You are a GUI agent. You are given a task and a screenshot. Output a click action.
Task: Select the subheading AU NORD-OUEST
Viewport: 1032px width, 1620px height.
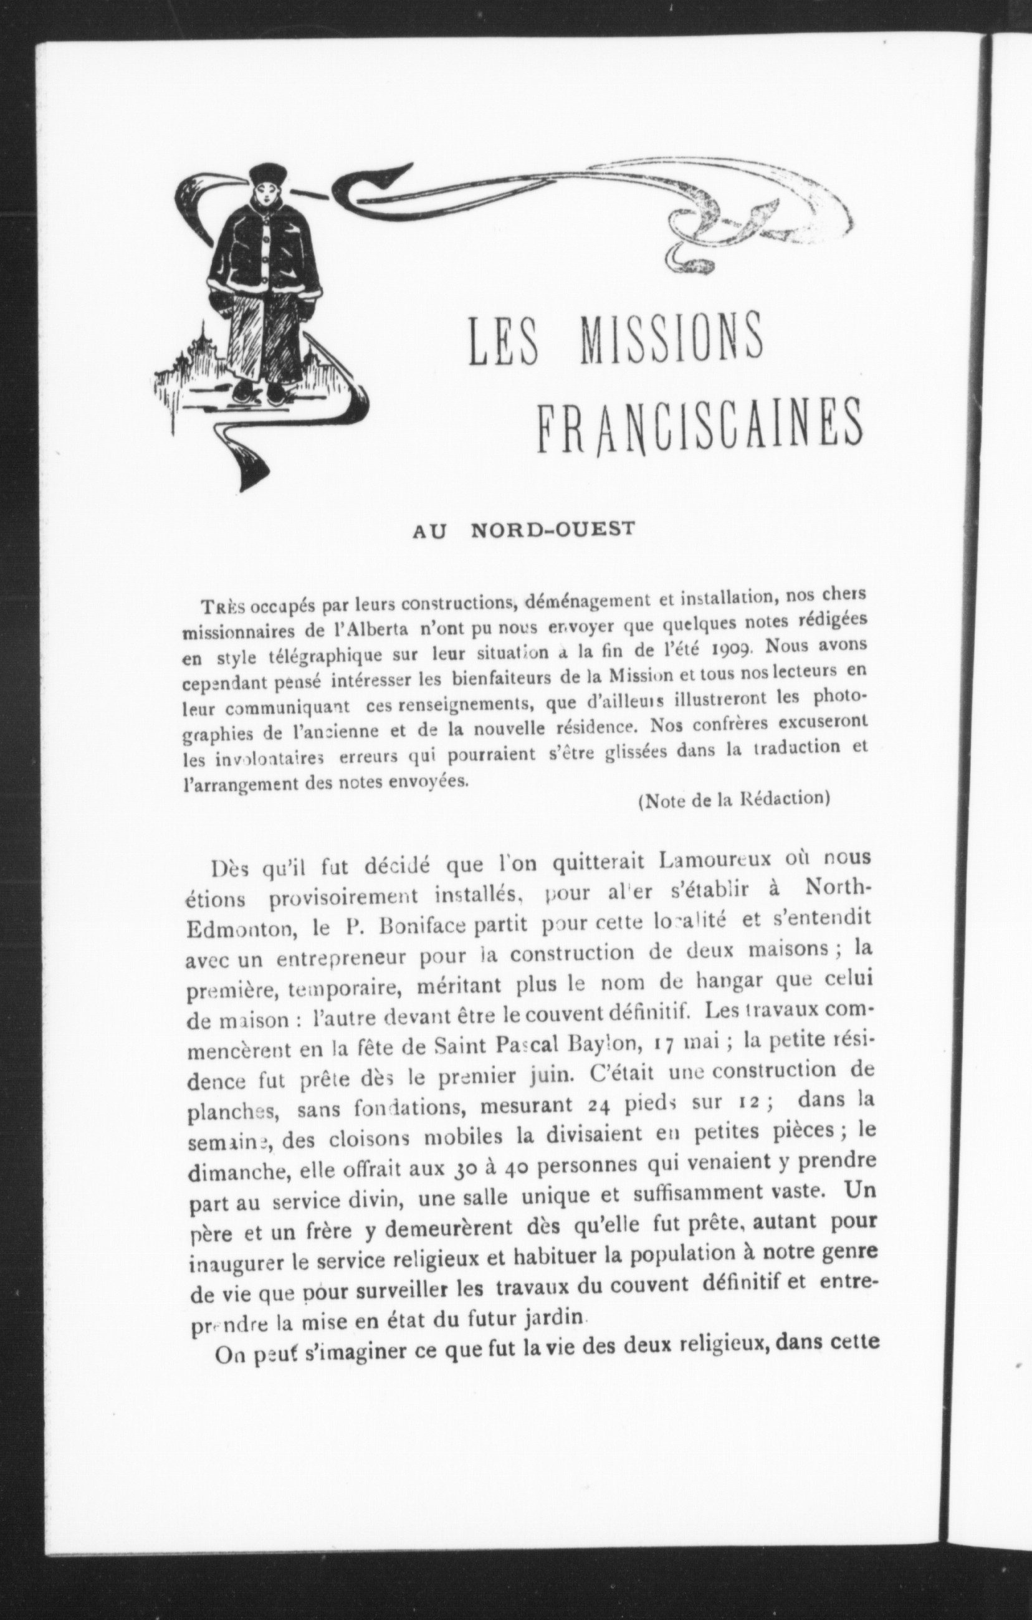click(523, 530)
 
